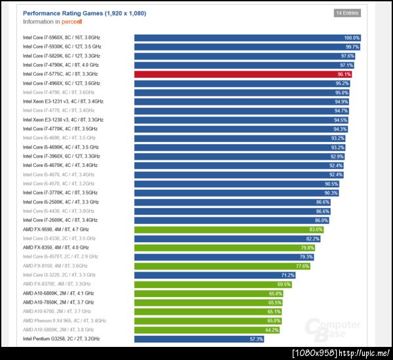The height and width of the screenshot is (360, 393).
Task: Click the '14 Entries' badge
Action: click(x=347, y=12)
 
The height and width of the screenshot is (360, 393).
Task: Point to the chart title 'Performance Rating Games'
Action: click(x=84, y=13)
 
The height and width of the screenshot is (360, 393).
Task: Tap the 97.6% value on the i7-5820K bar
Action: click(x=347, y=56)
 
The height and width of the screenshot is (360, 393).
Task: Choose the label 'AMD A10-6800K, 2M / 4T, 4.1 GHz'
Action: click(x=58, y=293)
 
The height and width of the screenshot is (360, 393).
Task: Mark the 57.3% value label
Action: click(x=256, y=339)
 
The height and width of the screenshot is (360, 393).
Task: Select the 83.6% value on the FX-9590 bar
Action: click(x=316, y=230)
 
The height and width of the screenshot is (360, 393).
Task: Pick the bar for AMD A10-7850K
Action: click(x=209, y=302)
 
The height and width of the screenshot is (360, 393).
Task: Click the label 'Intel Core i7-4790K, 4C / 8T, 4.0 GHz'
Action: click(x=60, y=65)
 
